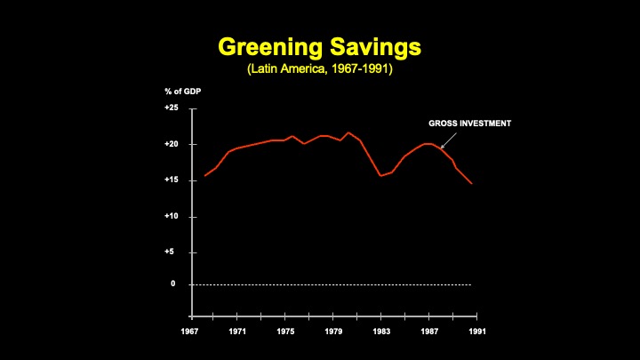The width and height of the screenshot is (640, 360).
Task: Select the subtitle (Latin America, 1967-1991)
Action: point(319,68)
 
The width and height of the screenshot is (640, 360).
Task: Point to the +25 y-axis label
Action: point(172,108)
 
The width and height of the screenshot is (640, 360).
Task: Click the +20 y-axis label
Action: point(172,144)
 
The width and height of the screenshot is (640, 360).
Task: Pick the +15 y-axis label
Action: point(172,180)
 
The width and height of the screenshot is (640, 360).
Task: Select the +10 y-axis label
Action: point(172,217)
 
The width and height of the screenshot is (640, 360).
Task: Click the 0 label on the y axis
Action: point(173,284)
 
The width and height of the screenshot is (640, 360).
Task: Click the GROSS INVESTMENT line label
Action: point(469,124)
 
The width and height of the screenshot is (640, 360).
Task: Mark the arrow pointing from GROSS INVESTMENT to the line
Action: point(449,140)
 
